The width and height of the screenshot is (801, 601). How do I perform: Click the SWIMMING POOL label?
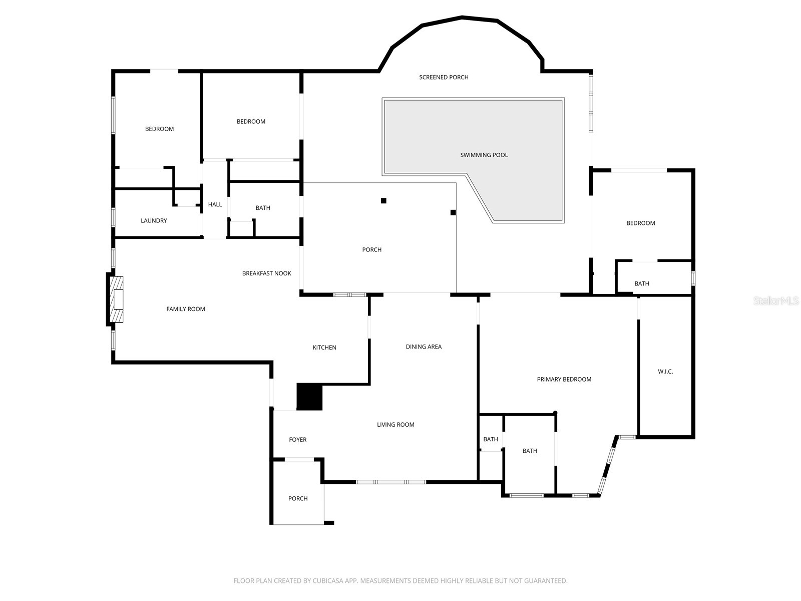tap(484, 155)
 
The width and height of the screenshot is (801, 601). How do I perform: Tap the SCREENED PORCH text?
tap(444, 77)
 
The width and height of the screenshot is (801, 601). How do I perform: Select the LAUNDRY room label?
tap(154, 221)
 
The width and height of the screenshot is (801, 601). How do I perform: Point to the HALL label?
tap(215, 205)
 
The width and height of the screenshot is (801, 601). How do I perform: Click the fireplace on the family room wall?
tap(117, 299)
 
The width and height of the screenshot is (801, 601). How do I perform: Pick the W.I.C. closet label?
tap(665, 372)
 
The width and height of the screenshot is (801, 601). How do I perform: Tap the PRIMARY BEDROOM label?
tap(564, 380)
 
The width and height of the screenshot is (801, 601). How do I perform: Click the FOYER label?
tap(298, 440)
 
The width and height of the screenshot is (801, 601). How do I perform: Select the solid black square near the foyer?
tap(309, 397)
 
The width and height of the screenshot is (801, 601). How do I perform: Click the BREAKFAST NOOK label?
tap(266, 273)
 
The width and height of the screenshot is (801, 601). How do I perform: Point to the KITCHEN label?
tap(324, 348)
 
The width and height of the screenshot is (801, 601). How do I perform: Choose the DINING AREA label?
tap(424, 347)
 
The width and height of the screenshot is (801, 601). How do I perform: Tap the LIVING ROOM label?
tap(395, 425)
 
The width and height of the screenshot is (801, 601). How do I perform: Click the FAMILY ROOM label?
tap(186, 310)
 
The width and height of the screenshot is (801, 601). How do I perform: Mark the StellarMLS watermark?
tap(776, 301)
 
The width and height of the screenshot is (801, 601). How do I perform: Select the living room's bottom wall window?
tap(391, 482)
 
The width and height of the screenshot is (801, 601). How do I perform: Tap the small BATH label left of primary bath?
tap(491, 439)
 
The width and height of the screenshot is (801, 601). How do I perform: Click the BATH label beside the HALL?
tap(263, 208)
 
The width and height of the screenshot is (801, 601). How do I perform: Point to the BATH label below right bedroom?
tap(641, 284)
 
